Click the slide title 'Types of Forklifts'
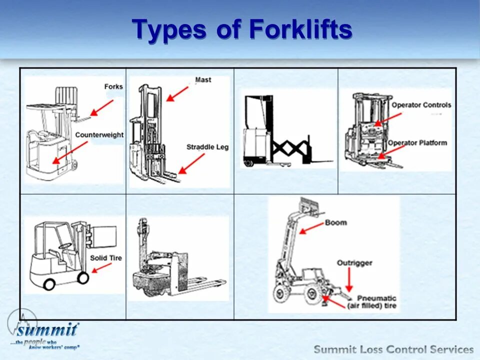coord(242,30)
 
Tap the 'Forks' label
coord(113,86)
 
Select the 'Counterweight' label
coord(99,135)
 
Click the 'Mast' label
coord(203,79)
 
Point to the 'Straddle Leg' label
coord(207,147)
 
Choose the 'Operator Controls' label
coord(421,105)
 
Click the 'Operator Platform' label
coord(417,142)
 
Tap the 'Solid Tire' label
coord(105,258)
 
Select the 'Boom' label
coord(335,222)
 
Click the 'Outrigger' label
coord(354,263)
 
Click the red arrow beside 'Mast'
coord(177,93)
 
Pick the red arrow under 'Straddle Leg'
coord(191,163)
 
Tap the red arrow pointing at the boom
coord(311,228)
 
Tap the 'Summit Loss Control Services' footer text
coord(393,349)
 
